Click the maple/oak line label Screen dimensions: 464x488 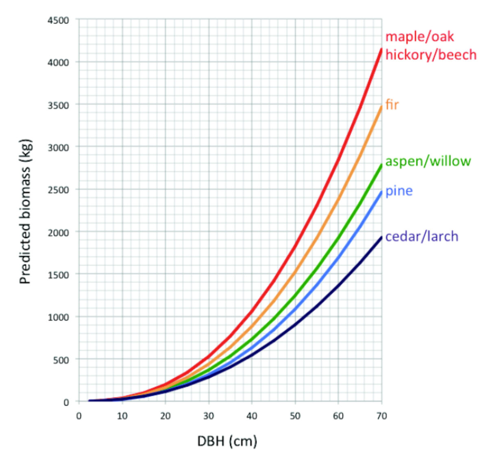coord(419,37)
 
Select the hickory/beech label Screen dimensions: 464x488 coord(431,55)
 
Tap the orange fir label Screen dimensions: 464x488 coord(392,105)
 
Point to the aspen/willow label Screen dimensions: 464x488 coord(428,161)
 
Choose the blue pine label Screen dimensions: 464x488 coord(399,191)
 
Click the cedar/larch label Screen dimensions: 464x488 coord(422,236)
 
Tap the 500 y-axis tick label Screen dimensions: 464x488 coord(62,360)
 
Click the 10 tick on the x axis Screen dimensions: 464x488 coord(122,416)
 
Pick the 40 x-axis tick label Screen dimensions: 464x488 coord(252,416)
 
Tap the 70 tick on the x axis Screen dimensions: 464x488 coord(381,416)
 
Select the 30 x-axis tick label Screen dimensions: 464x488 coord(209,416)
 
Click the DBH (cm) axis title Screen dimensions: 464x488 coord(227,441)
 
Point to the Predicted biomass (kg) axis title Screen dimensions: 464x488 coord(25,212)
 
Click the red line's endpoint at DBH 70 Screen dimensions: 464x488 coord(381,49)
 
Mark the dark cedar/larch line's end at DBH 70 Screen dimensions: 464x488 coord(381,237)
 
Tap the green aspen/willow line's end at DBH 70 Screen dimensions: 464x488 coord(381,165)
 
